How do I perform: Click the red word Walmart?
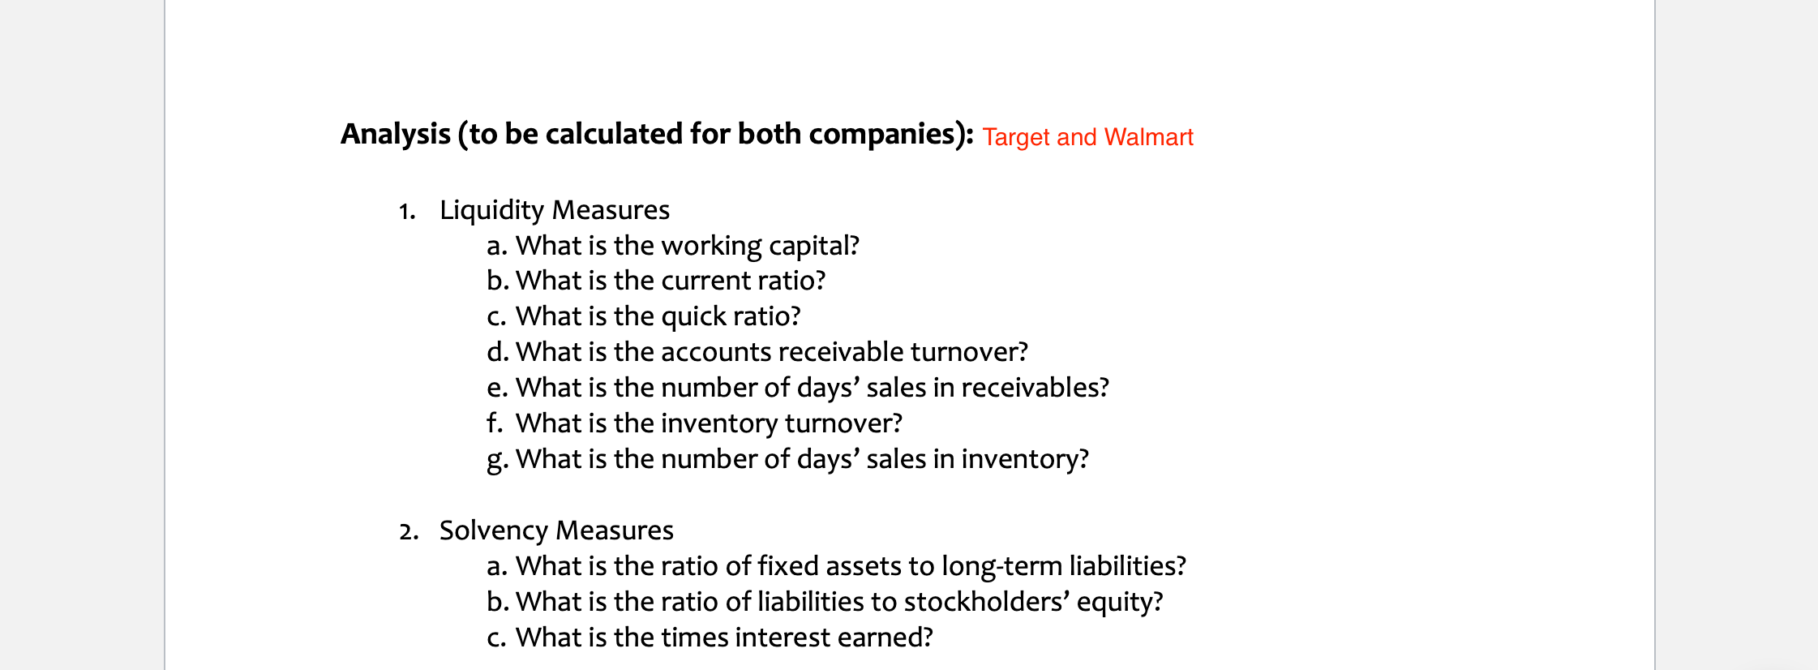1148,137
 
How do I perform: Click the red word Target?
1016,137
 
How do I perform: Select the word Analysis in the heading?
395,134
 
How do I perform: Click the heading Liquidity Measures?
554,210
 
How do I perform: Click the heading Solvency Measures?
556,530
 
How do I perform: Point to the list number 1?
406,212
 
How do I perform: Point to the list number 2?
408,532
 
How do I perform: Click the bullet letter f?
494,423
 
